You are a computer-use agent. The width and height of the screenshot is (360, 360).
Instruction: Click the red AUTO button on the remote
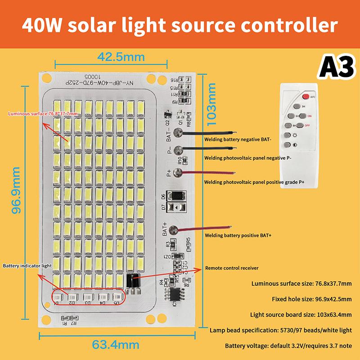point(306,96)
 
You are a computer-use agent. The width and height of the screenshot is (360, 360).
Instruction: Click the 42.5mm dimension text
point(121,57)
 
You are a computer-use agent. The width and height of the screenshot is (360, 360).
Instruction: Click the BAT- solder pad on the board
point(179,133)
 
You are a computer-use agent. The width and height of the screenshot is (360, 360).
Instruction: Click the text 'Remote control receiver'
point(232,268)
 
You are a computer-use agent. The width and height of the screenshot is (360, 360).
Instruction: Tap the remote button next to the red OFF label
point(297,126)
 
